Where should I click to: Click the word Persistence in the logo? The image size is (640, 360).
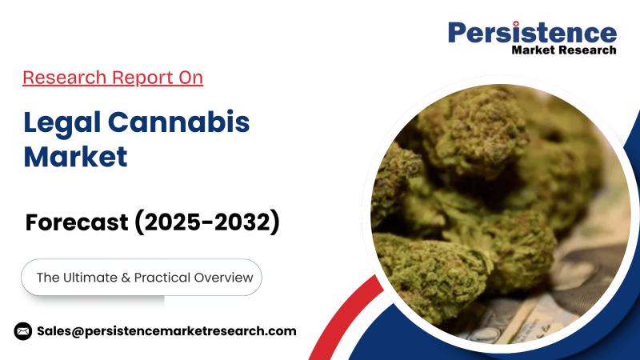[532, 33]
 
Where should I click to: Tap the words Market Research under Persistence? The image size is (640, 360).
[564, 50]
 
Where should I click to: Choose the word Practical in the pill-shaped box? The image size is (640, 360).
[166, 278]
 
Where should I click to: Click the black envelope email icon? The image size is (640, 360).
[23, 330]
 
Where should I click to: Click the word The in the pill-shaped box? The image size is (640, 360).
[48, 278]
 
